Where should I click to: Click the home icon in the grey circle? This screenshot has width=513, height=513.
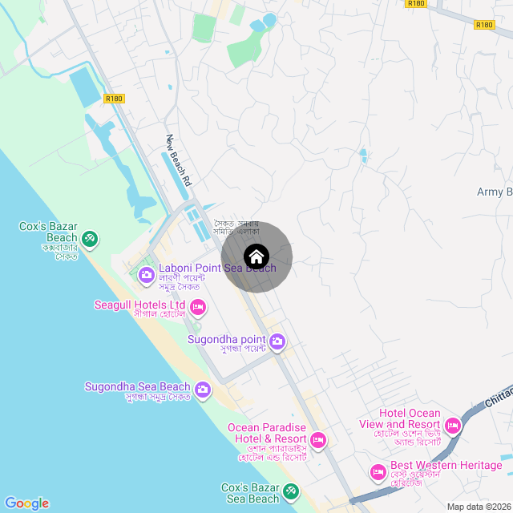(256, 256)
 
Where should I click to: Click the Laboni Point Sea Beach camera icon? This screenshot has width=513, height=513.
(147, 276)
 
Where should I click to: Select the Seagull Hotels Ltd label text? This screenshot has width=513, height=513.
(140, 305)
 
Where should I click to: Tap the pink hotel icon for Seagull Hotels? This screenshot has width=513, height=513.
(198, 307)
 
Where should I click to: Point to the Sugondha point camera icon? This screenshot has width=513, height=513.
(277, 342)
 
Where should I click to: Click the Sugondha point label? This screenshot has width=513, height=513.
(226, 339)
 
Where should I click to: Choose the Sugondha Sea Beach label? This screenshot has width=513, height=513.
(138, 387)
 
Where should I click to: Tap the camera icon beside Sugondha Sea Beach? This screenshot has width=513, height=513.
(202, 390)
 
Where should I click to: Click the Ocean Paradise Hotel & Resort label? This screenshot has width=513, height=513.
(267, 433)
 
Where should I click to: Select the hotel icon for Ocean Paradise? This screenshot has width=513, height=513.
(318, 439)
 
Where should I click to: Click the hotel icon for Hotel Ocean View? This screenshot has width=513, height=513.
(453, 424)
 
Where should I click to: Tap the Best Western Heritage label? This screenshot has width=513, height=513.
(446, 465)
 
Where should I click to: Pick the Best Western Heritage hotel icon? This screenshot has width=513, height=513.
(378, 471)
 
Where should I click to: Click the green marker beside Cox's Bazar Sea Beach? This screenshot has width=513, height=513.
(291, 491)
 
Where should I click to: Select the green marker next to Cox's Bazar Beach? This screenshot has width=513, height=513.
(90, 238)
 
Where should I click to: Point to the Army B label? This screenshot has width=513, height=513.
(494, 192)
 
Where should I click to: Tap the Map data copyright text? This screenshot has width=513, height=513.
(479, 507)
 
